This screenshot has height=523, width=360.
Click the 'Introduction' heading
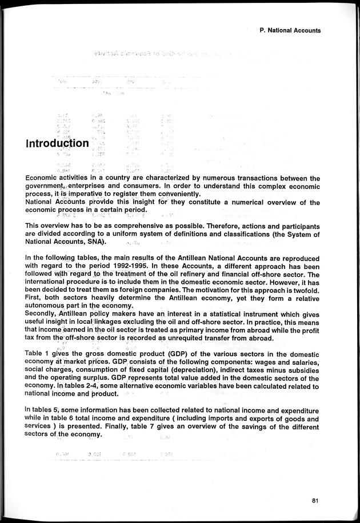click(x=57, y=143)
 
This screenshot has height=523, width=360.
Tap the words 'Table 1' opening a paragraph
click(x=38, y=352)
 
